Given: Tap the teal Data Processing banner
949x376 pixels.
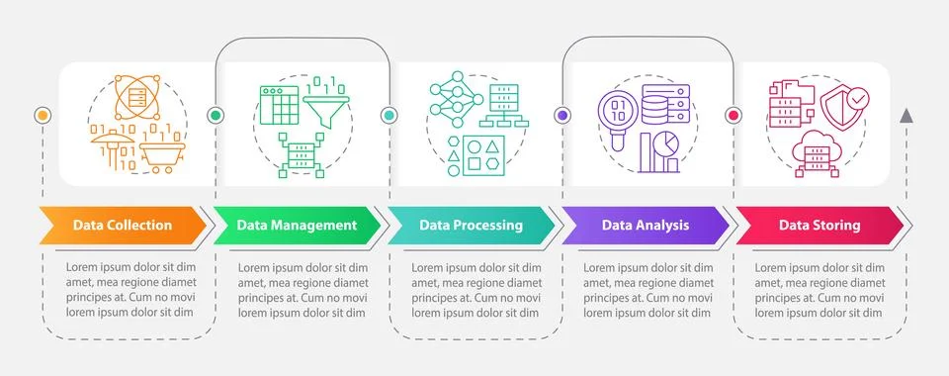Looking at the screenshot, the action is (471, 225).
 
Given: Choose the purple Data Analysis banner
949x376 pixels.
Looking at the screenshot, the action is (644, 225).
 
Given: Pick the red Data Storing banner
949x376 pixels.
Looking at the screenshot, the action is (819, 225).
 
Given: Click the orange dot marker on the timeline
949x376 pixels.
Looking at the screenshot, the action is (42, 116).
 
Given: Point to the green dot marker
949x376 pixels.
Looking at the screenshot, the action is (216, 116).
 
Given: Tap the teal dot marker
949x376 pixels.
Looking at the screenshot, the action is (388, 116).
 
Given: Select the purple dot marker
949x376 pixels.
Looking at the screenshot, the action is (562, 116).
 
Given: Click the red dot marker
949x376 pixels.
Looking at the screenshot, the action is (733, 116).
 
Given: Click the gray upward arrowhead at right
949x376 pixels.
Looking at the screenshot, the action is (906, 116).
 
